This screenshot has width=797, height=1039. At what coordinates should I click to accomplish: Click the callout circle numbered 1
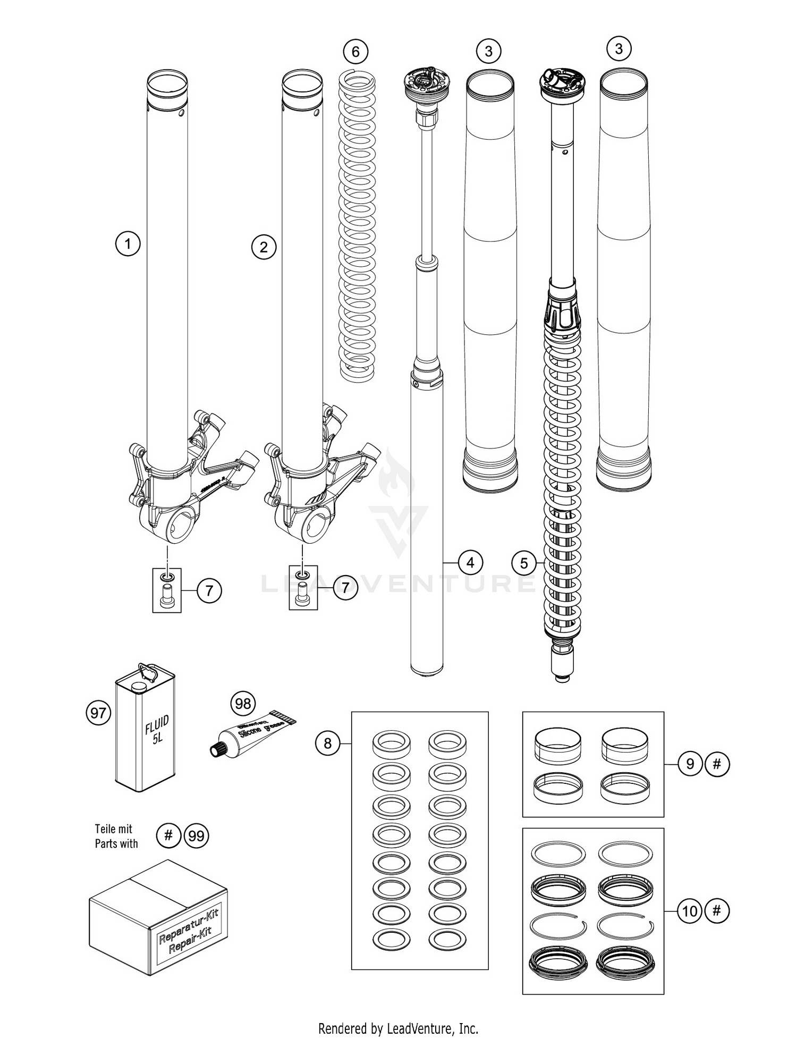128,244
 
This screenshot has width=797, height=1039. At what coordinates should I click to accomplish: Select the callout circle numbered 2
264,247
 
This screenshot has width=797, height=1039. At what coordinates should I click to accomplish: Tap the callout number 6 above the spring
355,52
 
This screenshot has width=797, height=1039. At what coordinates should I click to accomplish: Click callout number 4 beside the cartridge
470,562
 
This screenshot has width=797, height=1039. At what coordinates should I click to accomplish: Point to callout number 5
524,563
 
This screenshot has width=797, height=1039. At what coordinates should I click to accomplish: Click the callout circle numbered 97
98,713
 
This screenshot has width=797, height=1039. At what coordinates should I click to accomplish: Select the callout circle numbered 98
243,704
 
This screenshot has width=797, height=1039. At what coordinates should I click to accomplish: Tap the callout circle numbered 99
196,837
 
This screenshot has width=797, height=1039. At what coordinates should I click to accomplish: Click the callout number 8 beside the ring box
327,743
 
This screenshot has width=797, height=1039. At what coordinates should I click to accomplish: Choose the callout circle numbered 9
690,764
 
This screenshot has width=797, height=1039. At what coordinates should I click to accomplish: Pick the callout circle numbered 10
690,911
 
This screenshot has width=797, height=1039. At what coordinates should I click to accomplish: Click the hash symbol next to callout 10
717,911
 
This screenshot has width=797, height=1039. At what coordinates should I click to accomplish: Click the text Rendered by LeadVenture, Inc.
398,1028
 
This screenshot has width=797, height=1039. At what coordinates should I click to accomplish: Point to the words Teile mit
113,829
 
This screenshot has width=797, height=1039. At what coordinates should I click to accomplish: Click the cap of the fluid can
139,687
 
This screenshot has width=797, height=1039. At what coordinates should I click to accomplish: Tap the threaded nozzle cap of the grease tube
216,749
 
